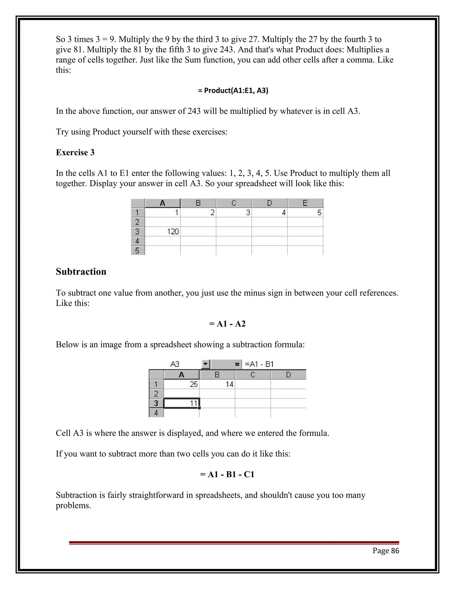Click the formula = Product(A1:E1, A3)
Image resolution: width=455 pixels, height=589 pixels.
[x=233, y=91]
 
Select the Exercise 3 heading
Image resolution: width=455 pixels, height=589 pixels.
[x=75, y=152]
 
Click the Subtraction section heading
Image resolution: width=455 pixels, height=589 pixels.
[x=81, y=272]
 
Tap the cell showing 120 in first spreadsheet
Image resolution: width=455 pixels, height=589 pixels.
[x=163, y=231]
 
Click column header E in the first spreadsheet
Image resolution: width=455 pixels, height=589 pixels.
[x=305, y=203]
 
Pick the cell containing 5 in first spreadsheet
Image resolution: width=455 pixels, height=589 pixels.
[x=305, y=213]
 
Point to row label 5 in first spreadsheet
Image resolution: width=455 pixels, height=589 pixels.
[x=138, y=250]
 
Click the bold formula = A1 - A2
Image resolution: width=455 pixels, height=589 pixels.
[x=227, y=324]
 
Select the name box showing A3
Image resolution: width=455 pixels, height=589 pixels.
[x=175, y=364]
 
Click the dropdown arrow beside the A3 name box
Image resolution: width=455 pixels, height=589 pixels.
[x=206, y=364]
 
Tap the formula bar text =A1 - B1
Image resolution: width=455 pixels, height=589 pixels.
[x=259, y=364]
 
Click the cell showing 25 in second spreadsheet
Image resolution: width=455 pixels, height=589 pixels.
[x=182, y=384]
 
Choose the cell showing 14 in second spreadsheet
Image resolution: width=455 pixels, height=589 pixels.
[x=217, y=384]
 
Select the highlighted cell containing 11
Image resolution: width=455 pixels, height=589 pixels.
[x=182, y=403]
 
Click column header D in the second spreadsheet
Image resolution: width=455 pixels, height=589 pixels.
[x=288, y=375]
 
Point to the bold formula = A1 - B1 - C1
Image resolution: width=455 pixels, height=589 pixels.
[x=227, y=474]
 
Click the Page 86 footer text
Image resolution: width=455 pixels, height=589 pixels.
[x=386, y=551]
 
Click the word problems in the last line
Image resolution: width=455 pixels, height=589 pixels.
[x=73, y=505]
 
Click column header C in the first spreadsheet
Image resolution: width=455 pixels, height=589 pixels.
[x=234, y=203]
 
